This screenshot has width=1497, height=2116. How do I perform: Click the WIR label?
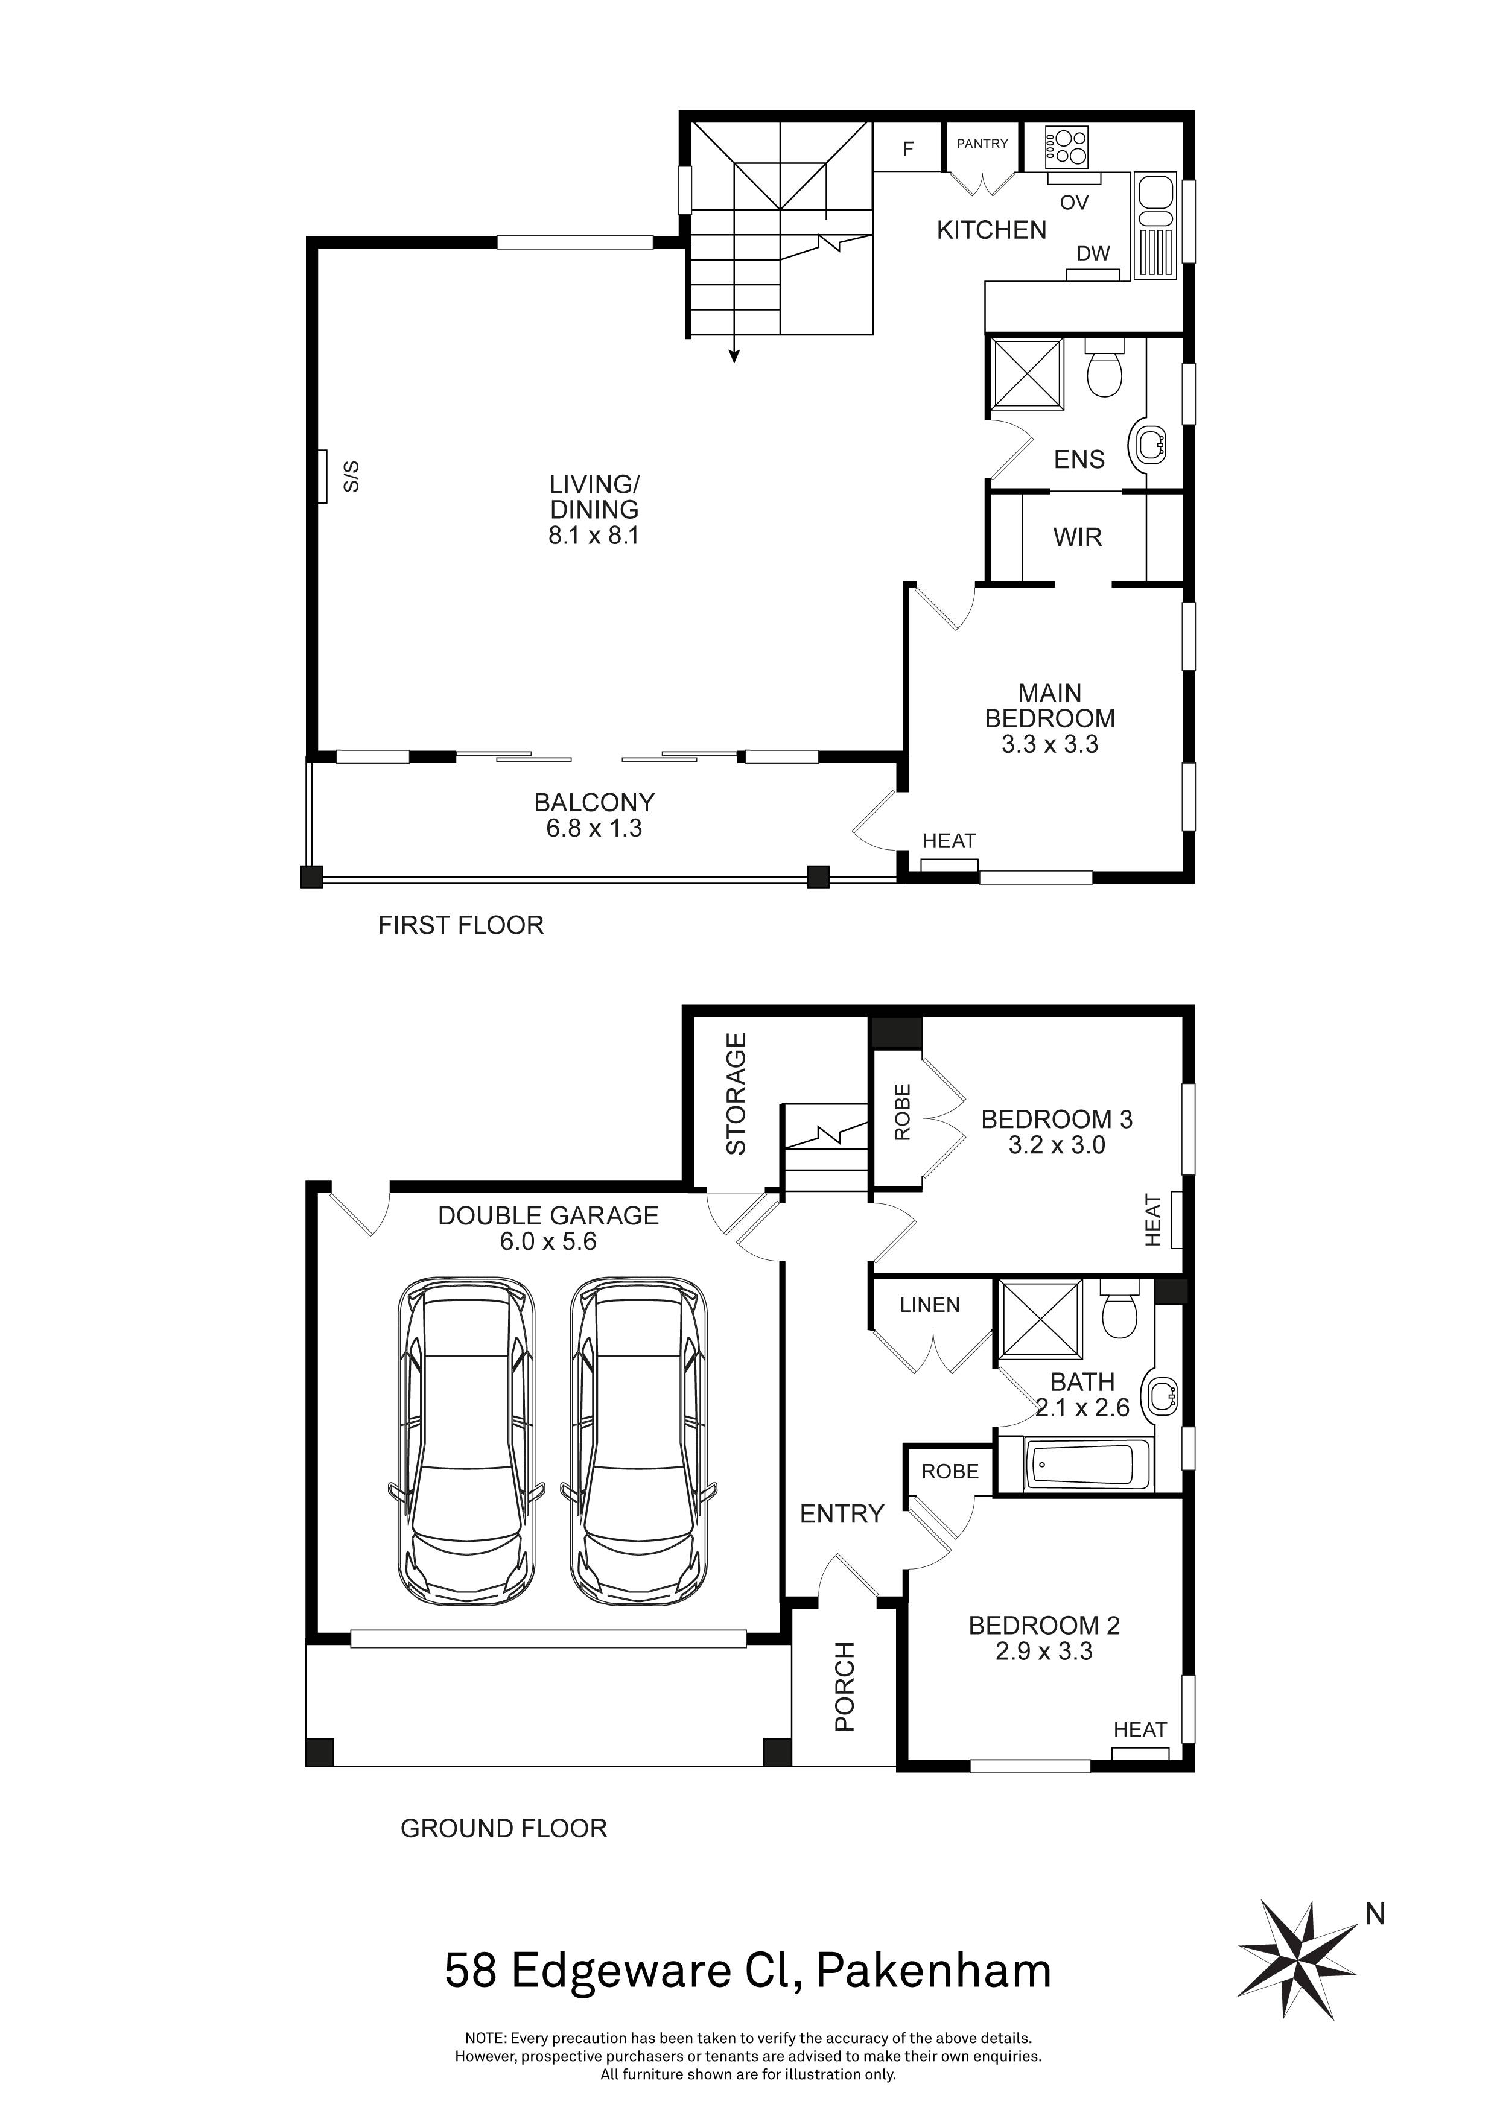click(x=1078, y=537)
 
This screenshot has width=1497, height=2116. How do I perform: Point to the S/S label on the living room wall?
click(x=351, y=477)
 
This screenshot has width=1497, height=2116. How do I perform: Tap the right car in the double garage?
click(x=639, y=1442)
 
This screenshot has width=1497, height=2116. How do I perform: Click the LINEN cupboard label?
click(x=930, y=1305)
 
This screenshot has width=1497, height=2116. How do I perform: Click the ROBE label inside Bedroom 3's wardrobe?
click(x=903, y=1112)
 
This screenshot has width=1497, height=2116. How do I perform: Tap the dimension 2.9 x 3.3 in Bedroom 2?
click(x=1043, y=1652)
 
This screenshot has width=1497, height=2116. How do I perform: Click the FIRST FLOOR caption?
click(x=461, y=925)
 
